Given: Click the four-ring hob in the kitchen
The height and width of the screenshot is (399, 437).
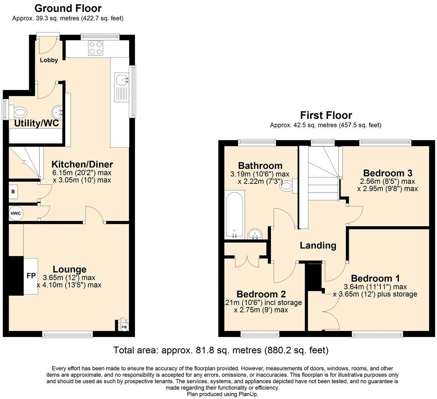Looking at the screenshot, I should pyautogui.click(x=95, y=48).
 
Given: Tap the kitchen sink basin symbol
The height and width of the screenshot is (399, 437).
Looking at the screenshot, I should pyautogui.click(x=121, y=80).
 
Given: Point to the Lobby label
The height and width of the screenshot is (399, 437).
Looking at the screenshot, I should pyautogui.click(x=49, y=60).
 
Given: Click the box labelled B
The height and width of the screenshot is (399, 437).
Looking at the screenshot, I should pyautogui.click(x=13, y=192).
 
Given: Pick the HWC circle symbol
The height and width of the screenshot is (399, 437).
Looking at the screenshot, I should pyautogui.click(x=16, y=214).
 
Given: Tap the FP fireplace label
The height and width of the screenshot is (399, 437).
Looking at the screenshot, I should pyautogui.click(x=31, y=276).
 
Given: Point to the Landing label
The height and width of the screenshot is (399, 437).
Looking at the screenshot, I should pyautogui.click(x=318, y=246).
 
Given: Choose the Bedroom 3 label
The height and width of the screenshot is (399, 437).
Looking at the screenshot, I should pyautogui.click(x=388, y=173).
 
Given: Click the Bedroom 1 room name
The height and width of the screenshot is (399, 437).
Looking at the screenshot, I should pyautogui.click(x=375, y=278).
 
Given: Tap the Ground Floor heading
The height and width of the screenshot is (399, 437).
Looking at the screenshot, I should pyautogui.click(x=68, y=8).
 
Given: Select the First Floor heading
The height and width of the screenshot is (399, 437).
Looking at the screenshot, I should pyautogui.click(x=326, y=115).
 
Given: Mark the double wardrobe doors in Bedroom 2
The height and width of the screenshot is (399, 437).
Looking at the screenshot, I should pyautogui.click(x=247, y=261).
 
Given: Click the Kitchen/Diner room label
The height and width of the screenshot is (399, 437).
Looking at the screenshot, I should pyautogui.click(x=82, y=164).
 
